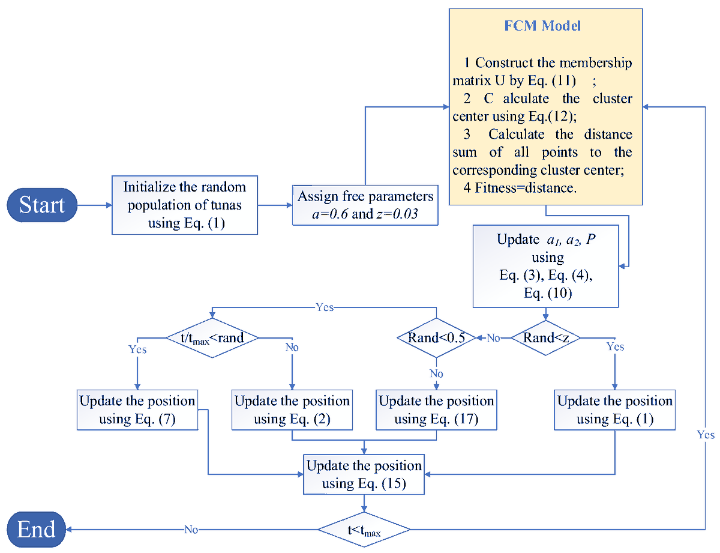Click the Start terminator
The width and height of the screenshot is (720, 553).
[42, 205]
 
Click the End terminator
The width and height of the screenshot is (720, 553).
[37, 529]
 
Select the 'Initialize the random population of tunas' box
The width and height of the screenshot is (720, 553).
[185, 205]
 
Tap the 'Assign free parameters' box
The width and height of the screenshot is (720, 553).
[365, 205]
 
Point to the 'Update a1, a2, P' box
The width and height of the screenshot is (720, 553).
[545, 267]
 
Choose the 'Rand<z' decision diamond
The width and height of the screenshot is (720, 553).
[545, 338]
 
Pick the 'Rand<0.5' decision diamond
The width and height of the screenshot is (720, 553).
[436, 338]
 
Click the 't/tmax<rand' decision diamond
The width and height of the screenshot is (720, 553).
[213, 338]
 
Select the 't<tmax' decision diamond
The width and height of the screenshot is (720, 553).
[364, 530]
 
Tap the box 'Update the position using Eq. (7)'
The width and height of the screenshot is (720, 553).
[137, 409]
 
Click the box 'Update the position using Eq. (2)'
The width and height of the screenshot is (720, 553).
[292, 409]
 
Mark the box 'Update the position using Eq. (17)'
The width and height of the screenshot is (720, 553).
[436, 409]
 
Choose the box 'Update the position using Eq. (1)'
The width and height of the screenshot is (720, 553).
[615, 409]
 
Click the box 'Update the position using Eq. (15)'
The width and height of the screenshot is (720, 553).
[364, 474]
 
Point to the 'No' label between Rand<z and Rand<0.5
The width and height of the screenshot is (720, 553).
[493, 339]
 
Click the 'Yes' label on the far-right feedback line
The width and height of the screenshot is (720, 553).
[706, 434]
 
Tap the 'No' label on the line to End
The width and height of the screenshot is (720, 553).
[191, 530]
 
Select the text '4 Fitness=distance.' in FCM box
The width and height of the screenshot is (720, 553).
[520, 187]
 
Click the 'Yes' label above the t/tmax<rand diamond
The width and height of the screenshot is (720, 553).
[324, 307]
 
